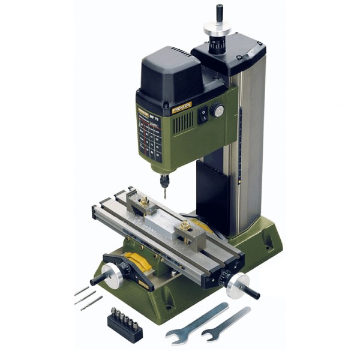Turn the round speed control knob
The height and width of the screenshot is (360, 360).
click(x=217, y=110)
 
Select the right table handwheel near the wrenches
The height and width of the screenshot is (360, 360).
click(x=240, y=284)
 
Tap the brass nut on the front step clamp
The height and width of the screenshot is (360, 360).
click(x=187, y=226)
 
